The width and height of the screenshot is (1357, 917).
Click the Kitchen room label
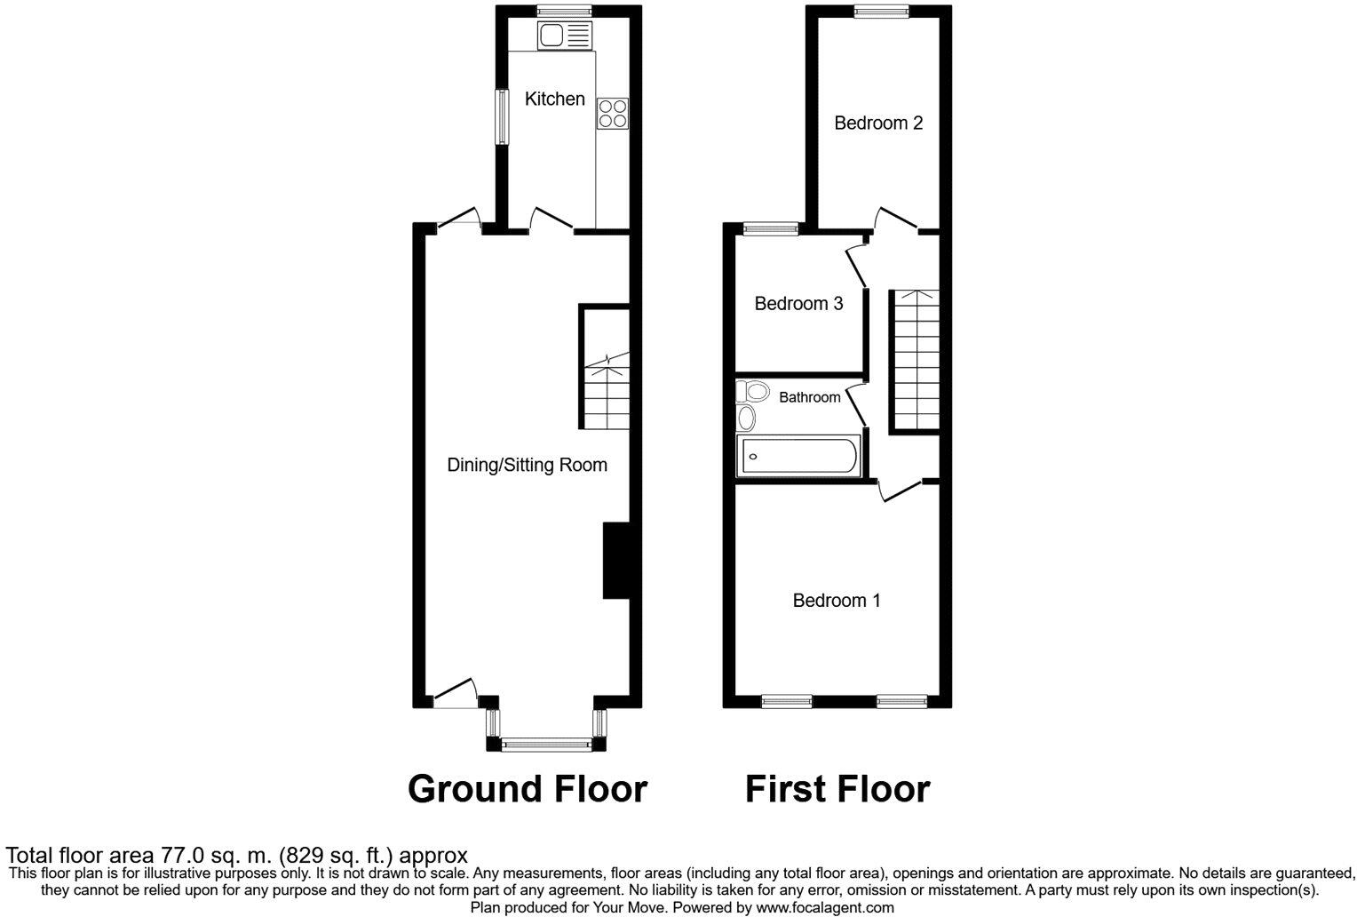point(554,99)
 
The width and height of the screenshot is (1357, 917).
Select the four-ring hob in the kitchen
point(613,114)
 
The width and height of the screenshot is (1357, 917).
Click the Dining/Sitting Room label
point(527,465)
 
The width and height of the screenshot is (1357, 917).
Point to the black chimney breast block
point(615,561)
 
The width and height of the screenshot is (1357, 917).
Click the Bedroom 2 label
point(878,124)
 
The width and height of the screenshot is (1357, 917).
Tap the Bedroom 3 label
point(798,304)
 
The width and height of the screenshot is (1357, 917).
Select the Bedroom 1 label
point(837,601)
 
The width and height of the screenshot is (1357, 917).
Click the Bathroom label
point(809,397)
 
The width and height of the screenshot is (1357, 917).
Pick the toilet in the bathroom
point(752,390)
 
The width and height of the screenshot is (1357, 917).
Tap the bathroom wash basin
point(747,418)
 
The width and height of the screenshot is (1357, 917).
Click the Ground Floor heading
point(528,789)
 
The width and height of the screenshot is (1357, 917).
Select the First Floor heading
point(837,789)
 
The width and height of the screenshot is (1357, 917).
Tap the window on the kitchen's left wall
point(502,117)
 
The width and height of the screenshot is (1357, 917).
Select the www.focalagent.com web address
point(824,907)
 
